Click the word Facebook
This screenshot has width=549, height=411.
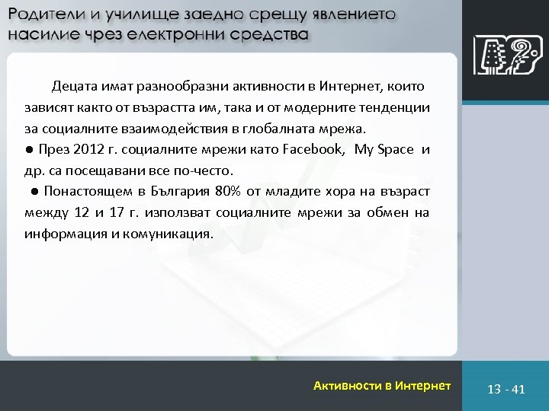[x=313, y=149]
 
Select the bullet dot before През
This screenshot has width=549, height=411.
[x=27, y=149]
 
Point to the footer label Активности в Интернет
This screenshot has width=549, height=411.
[x=382, y=386]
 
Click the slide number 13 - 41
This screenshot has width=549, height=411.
[x=506, y=389]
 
